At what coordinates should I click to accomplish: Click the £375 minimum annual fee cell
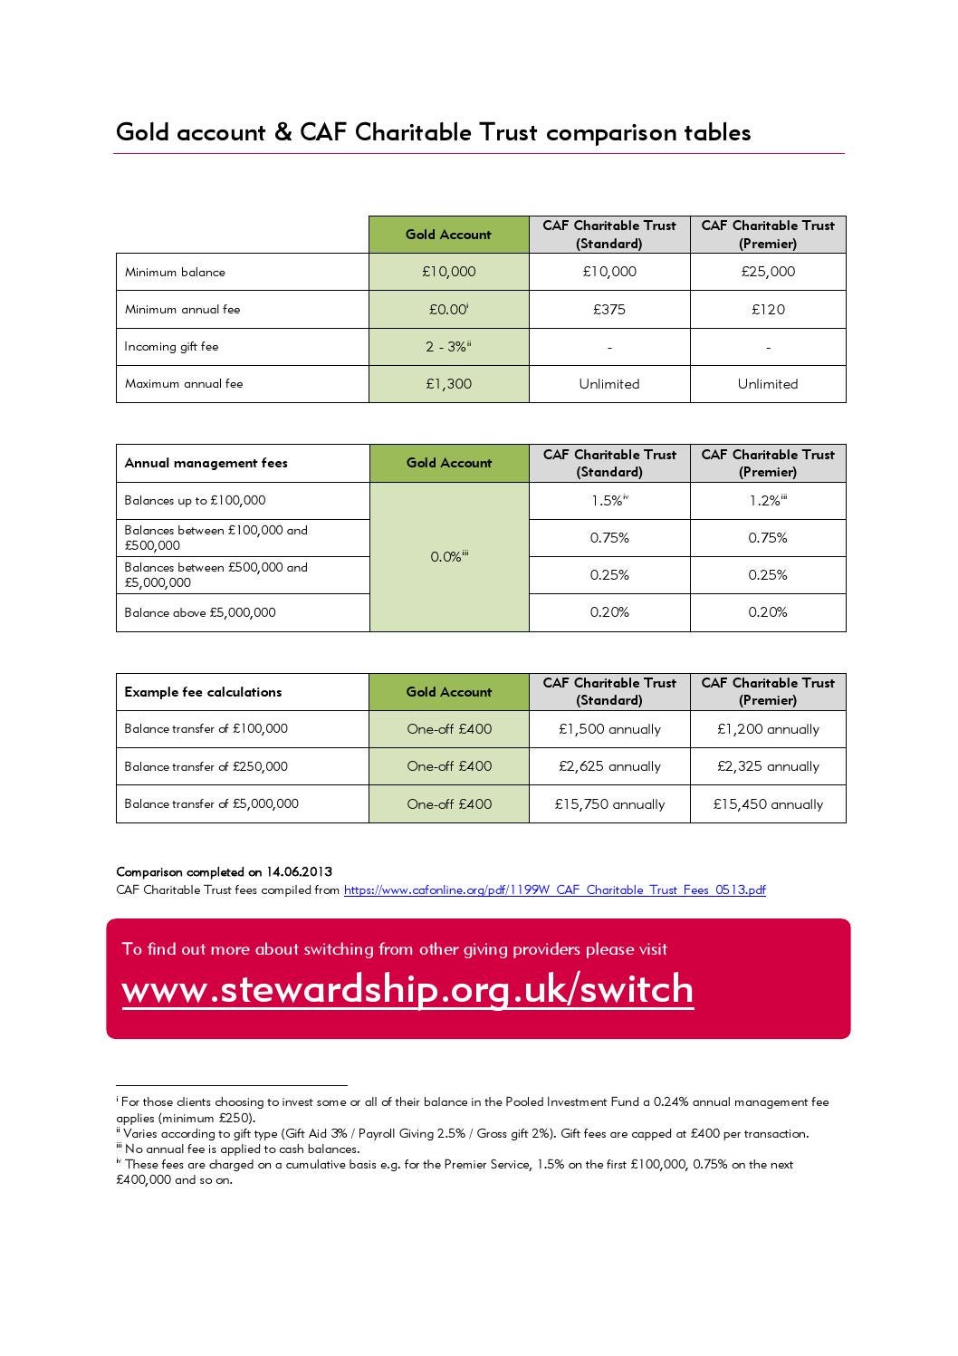[x=609, y=310]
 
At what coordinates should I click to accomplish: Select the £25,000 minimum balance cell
[x=768, y=272]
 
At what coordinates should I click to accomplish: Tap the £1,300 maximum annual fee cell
[x=448, y=384]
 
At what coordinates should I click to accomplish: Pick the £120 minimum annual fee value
[x=768, y=310]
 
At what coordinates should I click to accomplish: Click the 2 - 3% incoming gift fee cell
[x=448, y=347]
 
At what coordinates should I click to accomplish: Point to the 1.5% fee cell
[x=609, y=500]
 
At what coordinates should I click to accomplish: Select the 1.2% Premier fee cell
[x=768, y=500]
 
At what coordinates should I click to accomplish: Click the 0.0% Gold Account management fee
[x=448, y=557]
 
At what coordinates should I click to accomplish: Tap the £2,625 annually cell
[x=609, y=766]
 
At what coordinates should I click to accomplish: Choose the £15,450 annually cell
[x=768, y=804]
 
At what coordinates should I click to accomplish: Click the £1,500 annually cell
[x=609, y=729]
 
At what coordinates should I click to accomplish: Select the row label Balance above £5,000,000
[x=200, y=612]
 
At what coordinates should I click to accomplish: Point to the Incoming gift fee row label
[x=171, y=346]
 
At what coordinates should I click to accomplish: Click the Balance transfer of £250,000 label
[x=206, y=766]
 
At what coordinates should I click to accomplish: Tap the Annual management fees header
[x=206, y=463]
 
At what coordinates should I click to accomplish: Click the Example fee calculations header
[x=203, y=692]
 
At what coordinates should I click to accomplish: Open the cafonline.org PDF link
[x=554, y=890]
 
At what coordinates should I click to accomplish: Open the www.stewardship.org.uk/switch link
[x=407, y=989]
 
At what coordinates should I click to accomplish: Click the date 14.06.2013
[x=299, y=872]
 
